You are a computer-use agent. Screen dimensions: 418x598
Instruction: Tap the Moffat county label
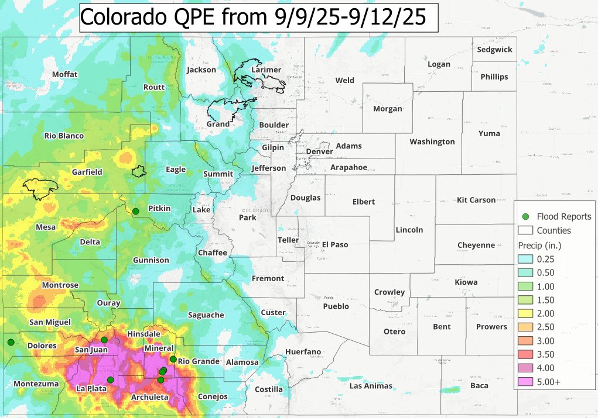point(64,74)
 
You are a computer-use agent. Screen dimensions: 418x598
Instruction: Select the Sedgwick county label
point(494,50)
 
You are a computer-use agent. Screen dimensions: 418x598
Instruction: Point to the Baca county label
point(479,386)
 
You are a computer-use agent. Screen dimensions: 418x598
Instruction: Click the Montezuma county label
point(36,384)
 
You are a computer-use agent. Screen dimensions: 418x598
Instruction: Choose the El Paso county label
point(335,244)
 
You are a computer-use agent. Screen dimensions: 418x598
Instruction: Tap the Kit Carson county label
point(476,200)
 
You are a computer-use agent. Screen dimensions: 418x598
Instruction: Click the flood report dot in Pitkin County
point(135,211)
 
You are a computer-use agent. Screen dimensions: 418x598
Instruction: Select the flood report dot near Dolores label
point(10,342)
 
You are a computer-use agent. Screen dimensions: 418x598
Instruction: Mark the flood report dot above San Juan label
point(104,340)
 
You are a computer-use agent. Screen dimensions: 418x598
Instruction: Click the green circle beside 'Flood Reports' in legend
point(525,216)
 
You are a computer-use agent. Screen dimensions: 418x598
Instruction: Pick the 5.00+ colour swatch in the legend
point(526,382)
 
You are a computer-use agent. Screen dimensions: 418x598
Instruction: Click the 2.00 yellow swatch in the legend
point(526,313)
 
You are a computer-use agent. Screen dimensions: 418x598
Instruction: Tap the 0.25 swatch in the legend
point(526,259)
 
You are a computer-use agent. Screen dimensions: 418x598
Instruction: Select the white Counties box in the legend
point(526,230)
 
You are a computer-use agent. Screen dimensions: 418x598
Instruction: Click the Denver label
point(320,151)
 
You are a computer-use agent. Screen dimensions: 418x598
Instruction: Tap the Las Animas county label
point(370,386)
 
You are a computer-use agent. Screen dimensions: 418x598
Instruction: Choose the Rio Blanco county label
point(64,136)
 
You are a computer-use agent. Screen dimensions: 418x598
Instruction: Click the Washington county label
point(432,141)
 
